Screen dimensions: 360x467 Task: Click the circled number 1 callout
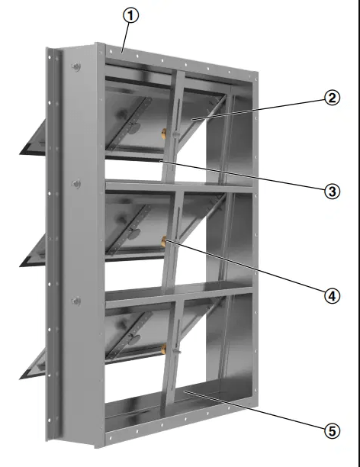tap(130, 15)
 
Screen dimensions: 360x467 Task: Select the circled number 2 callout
tap(332, 98)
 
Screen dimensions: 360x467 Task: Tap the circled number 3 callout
tap(332, 192)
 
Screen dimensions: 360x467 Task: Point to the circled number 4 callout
tap(332, 296)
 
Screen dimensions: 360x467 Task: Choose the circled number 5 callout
tap(332, 430)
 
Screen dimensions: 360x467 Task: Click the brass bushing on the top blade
tap(164, 134)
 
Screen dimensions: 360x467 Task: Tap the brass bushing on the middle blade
tap(164, 242)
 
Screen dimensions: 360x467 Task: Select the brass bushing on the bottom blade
tap(164, 349)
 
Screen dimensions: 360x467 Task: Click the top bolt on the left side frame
tap(76, 67)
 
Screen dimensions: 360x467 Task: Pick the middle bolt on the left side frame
tap(76, 184)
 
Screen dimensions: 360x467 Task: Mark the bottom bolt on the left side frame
tap(76, 301)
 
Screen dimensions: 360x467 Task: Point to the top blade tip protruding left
tap(21, 153)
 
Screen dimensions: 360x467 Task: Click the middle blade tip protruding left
tap(21, 266)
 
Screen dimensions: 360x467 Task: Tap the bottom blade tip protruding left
tap(21, 378)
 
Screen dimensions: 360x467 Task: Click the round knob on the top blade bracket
tap(134, 128)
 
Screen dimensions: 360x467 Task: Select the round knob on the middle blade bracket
tap(134, 233)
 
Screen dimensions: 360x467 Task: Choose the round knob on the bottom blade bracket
tap(134, 338)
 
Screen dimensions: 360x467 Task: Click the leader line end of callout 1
tap(122, 53)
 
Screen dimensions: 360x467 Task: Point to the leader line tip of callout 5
tap(185, 391)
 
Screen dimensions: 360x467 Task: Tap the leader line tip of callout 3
tap(160, 160)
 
